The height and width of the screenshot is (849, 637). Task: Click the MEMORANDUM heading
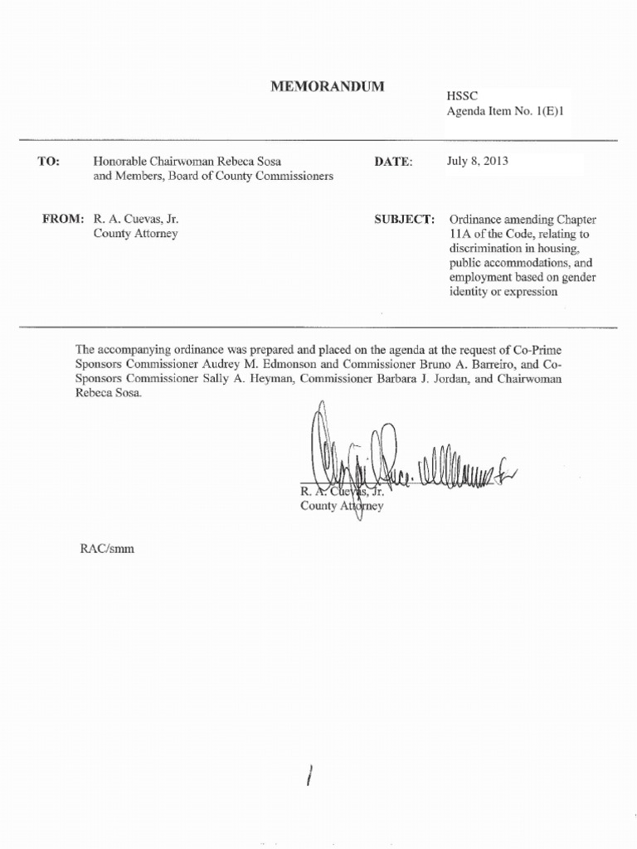(328, 86)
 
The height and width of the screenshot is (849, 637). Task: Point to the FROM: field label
(63, 219)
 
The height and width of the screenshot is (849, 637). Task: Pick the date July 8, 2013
(477, 162)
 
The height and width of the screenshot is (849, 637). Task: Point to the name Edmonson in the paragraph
(323, 365)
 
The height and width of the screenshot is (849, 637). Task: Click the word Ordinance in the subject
(475, 220)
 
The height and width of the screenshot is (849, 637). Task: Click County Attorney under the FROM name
(136, 233)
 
